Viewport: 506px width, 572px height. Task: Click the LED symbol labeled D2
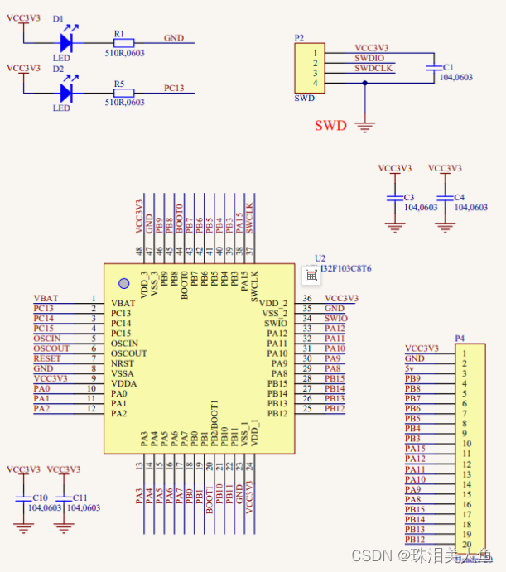pyautogui.click(x=65, y=93)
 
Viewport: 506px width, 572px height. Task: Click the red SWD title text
pyautogui.click(x=329, y=126)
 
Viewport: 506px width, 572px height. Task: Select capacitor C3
pyautogui.click(x=393, y=199)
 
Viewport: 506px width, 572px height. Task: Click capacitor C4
pyautogui.click(x=445, y=199)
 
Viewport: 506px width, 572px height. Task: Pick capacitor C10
pyautogui.click(x=22, y=500)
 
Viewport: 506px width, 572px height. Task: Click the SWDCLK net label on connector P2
pyautogui.click(x=374, y=69)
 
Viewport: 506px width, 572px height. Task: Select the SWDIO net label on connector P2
pyautogui.click(x=370, y=59)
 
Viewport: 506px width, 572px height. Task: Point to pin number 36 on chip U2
pyautogui.click(x=307, y=299)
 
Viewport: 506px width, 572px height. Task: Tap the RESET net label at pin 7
pyautogui.click(x=46, y=358)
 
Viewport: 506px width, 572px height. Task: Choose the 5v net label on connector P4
pyautogui.click(x=411, y=368)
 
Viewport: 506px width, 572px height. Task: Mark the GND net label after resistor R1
pyautogui.click(x=174, y=38)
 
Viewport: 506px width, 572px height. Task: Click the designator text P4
pyautogui.click(x=459, y=339)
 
